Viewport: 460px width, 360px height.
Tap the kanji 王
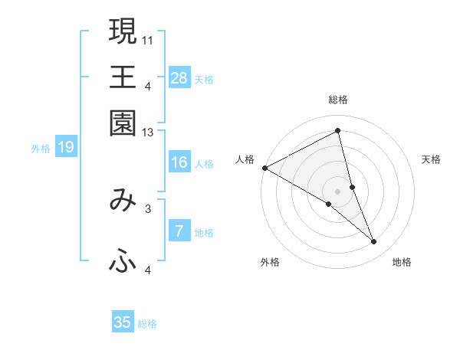coord(123,77)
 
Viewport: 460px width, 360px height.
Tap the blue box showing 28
coord(179,77)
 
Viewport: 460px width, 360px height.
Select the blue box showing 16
coord(179,162)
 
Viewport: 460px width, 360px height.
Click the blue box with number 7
coord(179,231)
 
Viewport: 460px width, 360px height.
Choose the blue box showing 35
coord(123,322)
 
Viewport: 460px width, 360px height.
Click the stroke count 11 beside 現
coord(148,38)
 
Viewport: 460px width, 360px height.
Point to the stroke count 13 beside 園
coord(148,133)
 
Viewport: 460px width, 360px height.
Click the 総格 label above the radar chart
coord(338,100)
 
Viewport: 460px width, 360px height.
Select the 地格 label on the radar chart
coord(402,262)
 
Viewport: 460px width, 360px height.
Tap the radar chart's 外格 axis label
coord(270,262)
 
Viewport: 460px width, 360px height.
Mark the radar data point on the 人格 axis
coord(264,168)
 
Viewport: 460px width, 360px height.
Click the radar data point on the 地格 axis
coord(374,241)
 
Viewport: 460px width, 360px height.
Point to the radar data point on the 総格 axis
coord(338,130)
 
